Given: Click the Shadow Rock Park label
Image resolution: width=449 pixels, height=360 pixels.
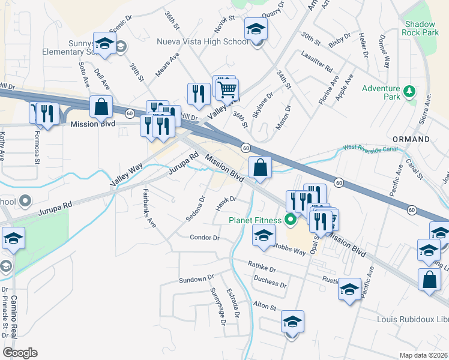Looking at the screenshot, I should point(420,29).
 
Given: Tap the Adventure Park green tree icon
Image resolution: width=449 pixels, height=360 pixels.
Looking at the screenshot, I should point(410,91).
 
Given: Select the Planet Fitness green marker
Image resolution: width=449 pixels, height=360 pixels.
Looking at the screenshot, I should point(291,220).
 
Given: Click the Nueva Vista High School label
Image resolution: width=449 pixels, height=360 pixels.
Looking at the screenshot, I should point(202,41).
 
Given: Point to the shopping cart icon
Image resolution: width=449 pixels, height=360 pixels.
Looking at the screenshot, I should point(227,89).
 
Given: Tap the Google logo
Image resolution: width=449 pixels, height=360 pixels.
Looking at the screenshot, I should point(20,353).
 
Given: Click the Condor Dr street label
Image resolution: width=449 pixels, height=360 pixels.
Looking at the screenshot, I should point(205,238).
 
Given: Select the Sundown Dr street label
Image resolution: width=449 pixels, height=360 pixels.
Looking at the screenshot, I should point(196,280).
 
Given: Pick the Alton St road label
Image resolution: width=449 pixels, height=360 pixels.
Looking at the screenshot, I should point(264,306).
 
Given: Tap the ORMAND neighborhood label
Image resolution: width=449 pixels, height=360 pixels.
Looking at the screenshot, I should point(411,139).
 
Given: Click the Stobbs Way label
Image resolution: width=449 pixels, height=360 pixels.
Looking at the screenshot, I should point(290,248).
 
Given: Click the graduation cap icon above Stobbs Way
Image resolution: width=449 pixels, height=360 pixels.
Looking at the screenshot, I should point(263,236).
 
